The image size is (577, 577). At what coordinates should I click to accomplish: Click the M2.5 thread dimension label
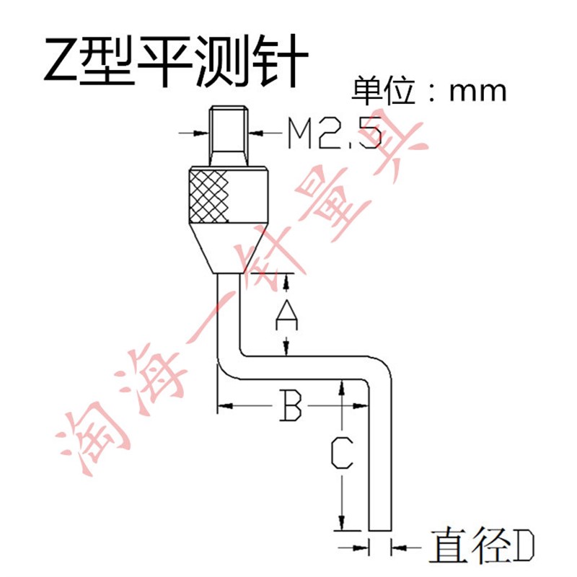click(333, 132)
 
